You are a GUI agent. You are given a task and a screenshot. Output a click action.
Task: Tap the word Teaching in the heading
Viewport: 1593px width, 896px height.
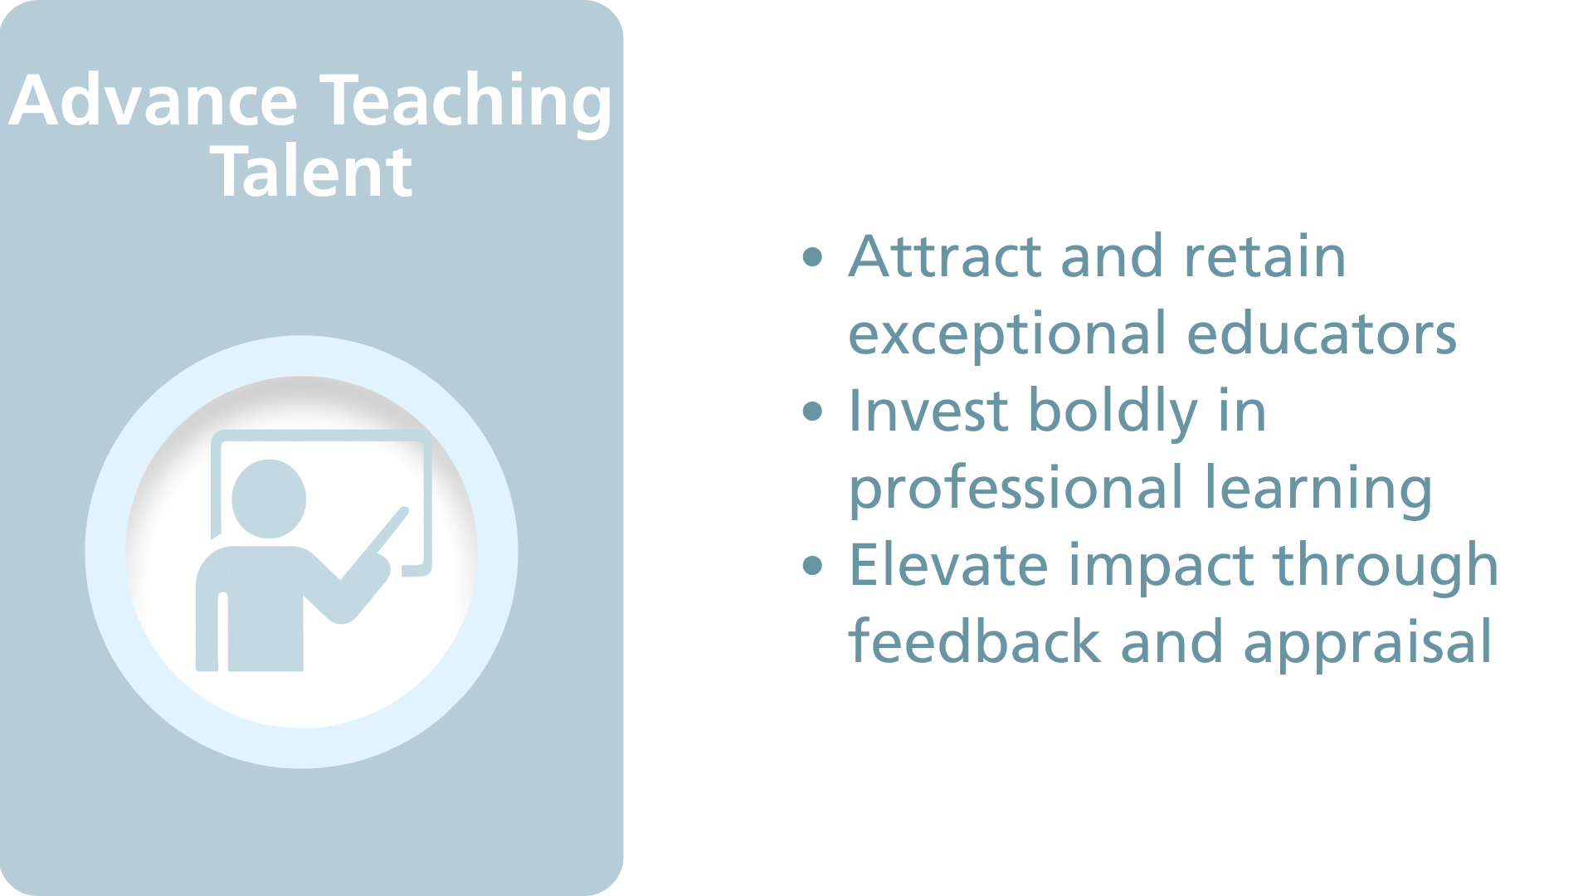click(466, 101)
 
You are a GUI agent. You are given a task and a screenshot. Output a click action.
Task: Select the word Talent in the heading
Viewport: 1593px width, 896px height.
click(312, 173)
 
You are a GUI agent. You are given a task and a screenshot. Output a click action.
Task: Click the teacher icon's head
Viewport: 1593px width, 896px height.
click(268, 499)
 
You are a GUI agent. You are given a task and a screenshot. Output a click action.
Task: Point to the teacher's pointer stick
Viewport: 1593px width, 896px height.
click(378, 538)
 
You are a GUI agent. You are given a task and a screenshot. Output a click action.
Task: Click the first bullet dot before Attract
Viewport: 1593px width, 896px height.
click(813, 257)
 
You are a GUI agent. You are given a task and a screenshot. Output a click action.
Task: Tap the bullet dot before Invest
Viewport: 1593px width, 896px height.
click(813, 411)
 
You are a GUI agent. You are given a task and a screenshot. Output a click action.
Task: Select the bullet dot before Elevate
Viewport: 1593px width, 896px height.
click(813, 566)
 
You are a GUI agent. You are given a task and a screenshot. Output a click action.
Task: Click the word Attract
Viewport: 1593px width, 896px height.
click(944, 256)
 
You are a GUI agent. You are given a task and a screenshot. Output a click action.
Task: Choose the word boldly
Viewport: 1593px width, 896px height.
click(1113, 412)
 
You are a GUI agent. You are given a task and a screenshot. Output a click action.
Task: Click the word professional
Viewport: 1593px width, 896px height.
click(1015, 489)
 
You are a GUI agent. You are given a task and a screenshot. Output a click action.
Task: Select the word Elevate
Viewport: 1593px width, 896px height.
click(948, 566)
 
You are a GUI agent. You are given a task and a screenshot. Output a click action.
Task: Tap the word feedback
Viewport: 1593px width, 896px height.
click(974, 642)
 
